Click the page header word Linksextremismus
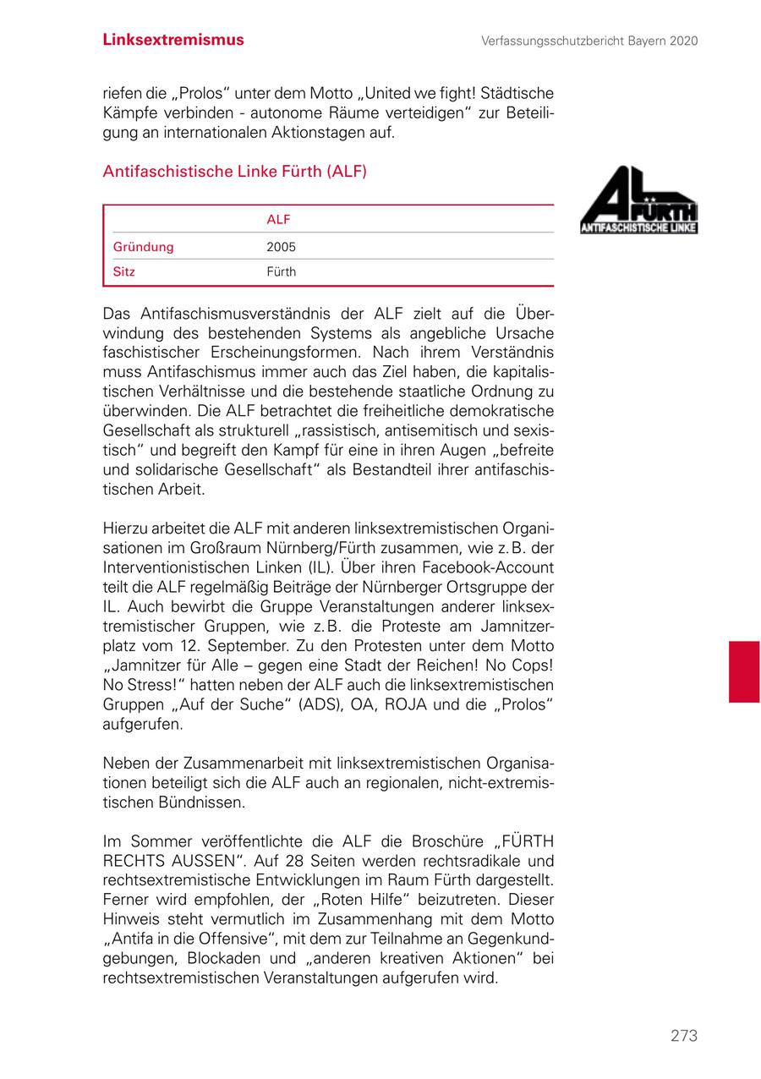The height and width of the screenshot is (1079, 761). pyautogui.click(x=173, y=40)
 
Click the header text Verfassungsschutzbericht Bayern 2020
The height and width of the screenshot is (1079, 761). pyautogui.click(x=589, y=41)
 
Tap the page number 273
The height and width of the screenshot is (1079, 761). pyautogui.click(x=684, y=1036)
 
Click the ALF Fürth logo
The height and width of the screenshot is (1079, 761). pyautogui.click(x=638, y=200)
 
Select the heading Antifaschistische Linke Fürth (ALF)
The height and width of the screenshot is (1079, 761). pyautogui.click(x=234, y=172)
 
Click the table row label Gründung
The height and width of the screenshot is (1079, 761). pyautogui.click(x=143, y=247)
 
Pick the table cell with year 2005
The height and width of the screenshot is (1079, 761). pyautogui.click(x=281, y=248)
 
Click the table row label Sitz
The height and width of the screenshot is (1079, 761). pyautogui.click(x=124, y=272)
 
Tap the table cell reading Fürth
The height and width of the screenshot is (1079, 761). pyautogui.click(x=281, y=272)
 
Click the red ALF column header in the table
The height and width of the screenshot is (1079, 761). pyautogui.click(x=278, y=220)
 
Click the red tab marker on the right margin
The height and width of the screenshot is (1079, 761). pyautogui.click(x=743, y=671)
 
